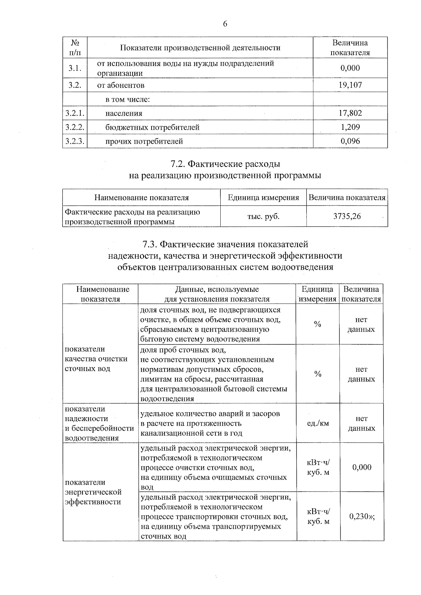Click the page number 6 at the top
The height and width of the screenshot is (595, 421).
[225, 24]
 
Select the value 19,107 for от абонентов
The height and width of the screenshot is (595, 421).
[350, 85]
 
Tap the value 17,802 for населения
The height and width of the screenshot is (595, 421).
[350, 113]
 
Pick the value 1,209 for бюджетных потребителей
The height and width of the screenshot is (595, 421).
[350, 127]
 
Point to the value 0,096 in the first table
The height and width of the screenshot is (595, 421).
[350, 141]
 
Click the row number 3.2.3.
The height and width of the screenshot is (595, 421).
[75, 141]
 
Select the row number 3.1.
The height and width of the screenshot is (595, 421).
[75, 68]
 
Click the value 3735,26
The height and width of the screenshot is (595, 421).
[347, 216]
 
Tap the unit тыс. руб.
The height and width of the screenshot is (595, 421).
[263, 216]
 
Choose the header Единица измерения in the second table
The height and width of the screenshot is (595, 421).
[263, 198]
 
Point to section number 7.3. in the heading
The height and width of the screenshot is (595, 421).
[151, 244]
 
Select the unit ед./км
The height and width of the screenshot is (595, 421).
[318, 423]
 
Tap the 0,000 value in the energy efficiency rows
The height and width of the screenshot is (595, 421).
[362, 467]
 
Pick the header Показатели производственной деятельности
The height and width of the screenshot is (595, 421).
[200, 48]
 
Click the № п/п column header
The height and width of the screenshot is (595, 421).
[75, 48]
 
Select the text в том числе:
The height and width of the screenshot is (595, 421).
[128, 99]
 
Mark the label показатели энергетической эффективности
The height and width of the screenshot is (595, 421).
[93, 492]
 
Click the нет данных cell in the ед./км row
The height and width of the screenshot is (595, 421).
[361, 423]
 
